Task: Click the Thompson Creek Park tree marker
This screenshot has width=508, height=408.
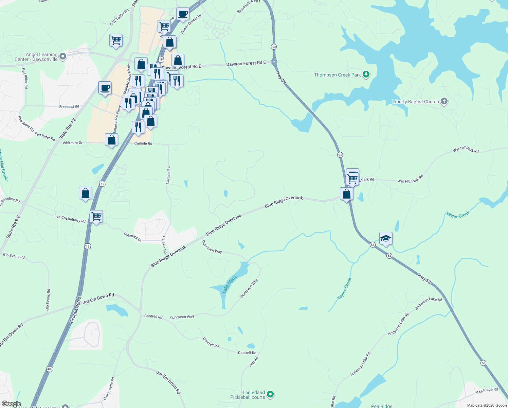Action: [x=366, y=74]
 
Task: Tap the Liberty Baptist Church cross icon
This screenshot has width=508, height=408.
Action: [x=444, y=101]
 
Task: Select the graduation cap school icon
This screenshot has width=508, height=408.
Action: [x=386, y=238]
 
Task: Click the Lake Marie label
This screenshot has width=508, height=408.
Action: [x=230, y=285]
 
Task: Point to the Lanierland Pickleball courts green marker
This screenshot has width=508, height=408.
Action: [x=270, y=394]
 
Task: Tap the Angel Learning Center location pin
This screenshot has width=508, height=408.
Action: [x=62, y=56]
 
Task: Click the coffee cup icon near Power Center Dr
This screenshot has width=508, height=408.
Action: [x=183, y=14]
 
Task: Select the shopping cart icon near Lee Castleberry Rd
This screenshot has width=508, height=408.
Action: [x=96, y=216]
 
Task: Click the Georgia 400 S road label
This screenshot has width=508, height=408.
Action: [x=75, y=310]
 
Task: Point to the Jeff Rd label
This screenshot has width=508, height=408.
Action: [x=254, y=361]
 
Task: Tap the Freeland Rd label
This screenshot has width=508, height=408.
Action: [x=69, y=106]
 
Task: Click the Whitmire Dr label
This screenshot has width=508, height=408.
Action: [x=73, y=143]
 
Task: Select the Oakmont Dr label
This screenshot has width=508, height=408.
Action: [x=132, y=237]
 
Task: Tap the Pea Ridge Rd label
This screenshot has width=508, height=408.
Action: [x=487, y=391]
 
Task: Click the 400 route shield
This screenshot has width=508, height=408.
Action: [x=50, y=369]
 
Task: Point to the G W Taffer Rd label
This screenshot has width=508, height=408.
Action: [x=120, y=17]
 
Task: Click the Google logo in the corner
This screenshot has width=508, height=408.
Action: [x=11, y=404]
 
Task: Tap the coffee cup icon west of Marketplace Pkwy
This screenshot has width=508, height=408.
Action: [x=105, y=88]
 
